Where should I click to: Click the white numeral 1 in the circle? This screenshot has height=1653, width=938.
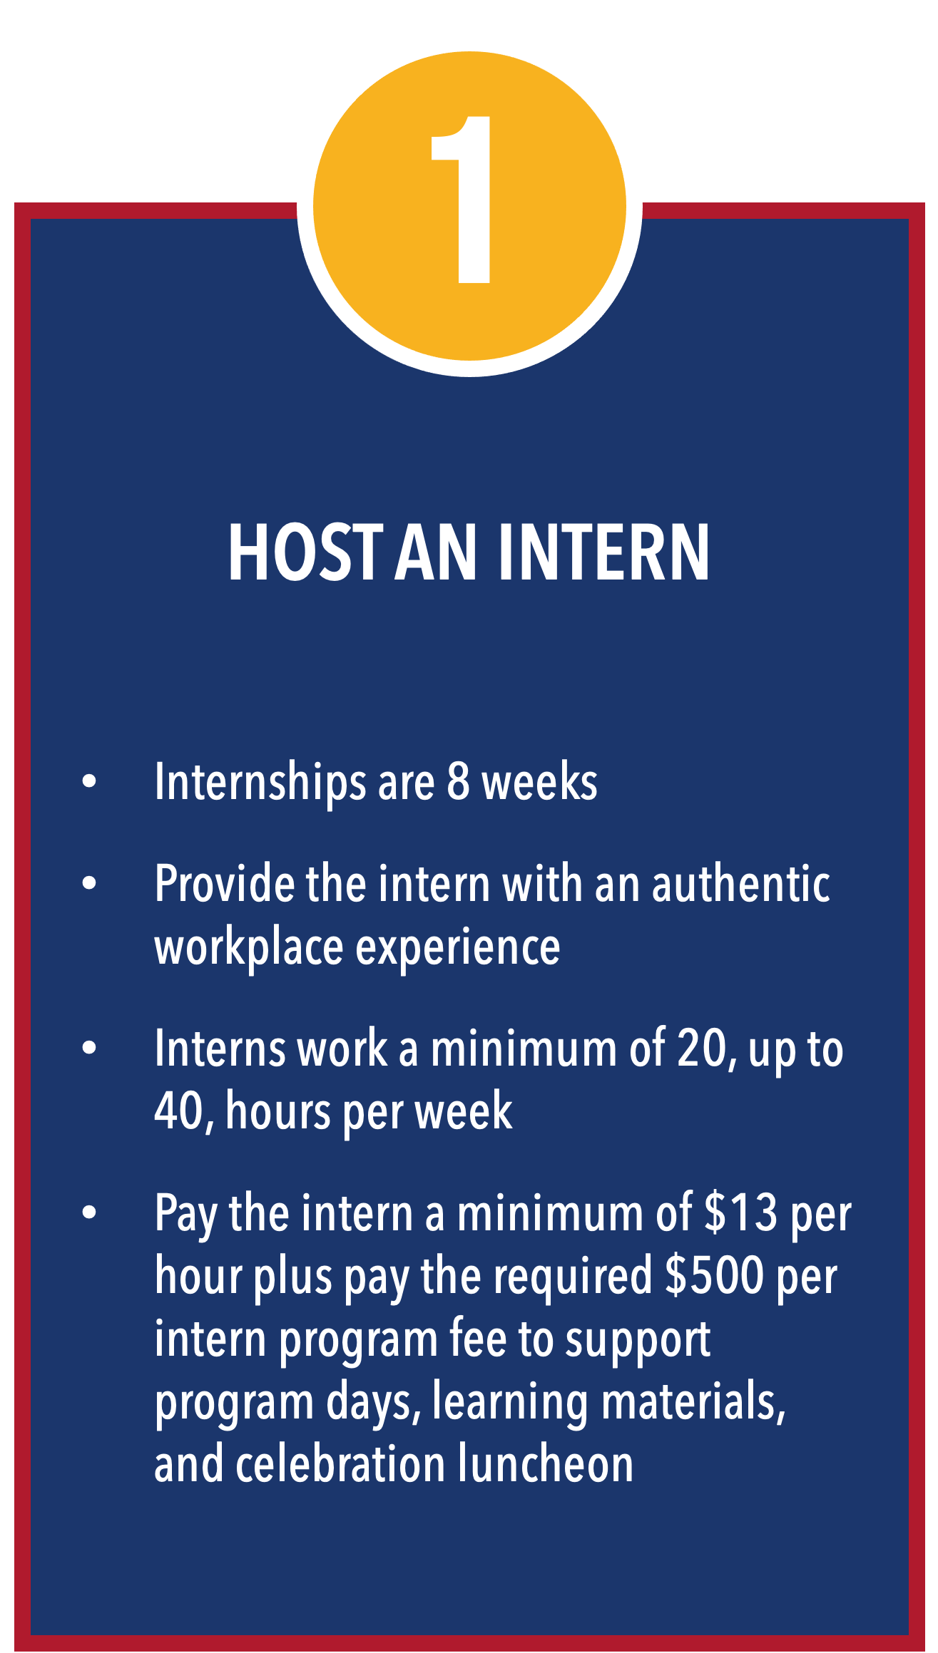[462, 200]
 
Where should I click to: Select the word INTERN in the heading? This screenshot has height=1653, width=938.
[604, 552]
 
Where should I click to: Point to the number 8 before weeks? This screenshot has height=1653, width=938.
[459, 782]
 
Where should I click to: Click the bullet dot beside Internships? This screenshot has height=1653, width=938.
[89, 781]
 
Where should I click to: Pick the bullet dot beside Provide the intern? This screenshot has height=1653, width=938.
[89, 884]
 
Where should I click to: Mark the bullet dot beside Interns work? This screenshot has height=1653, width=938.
[89, 1049]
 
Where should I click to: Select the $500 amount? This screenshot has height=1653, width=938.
[715, 1277]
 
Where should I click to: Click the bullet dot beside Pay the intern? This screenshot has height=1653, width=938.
[89, 1213]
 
